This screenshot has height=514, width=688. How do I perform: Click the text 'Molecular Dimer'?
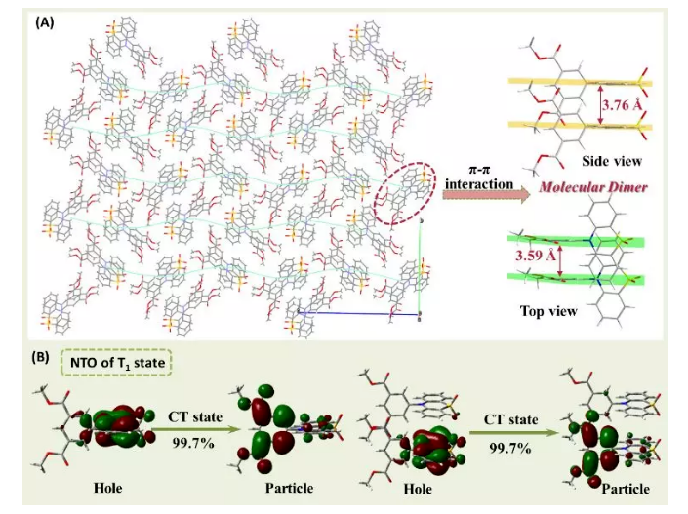click(594, 185)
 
